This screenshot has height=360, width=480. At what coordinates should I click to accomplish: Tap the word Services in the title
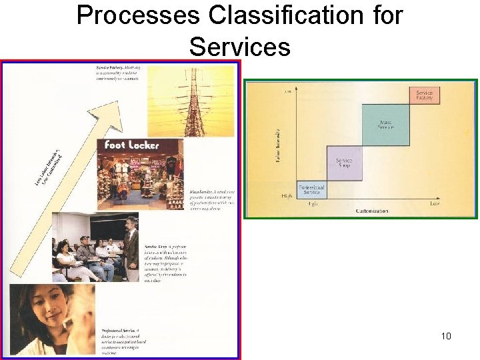239,47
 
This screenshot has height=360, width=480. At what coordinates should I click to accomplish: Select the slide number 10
446,336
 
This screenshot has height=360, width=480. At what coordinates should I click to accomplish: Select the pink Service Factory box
424,95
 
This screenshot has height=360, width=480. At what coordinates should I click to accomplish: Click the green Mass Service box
385,124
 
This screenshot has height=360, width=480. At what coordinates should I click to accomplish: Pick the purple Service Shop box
344,163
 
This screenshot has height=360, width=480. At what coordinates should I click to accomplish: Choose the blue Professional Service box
311,190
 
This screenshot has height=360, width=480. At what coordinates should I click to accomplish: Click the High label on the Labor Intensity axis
287,195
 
